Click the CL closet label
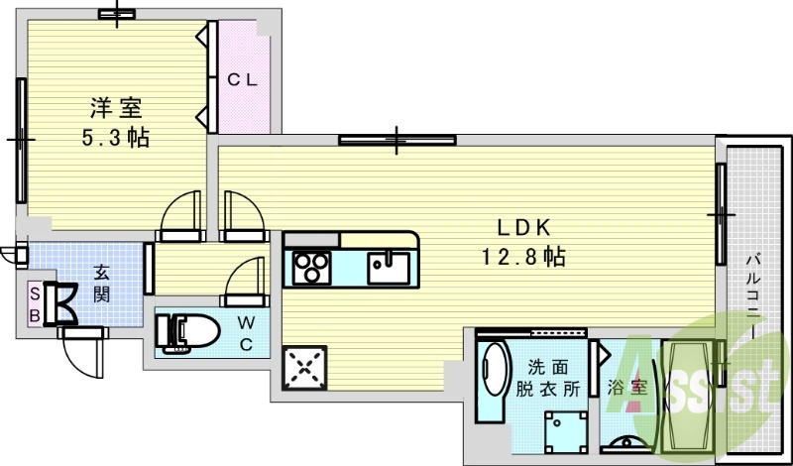[242, 79]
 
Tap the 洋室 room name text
[116, 108]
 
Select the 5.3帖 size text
[116, 137]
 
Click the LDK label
[523, 229]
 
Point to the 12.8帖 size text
[523, 257]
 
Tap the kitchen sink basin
[389, 268]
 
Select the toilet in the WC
[187, 332]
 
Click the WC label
[246, 333]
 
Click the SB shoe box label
[35, 304]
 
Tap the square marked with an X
[304, 368]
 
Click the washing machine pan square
[566, 431]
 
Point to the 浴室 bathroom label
[627, 388]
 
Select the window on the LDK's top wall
[397, 140]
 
